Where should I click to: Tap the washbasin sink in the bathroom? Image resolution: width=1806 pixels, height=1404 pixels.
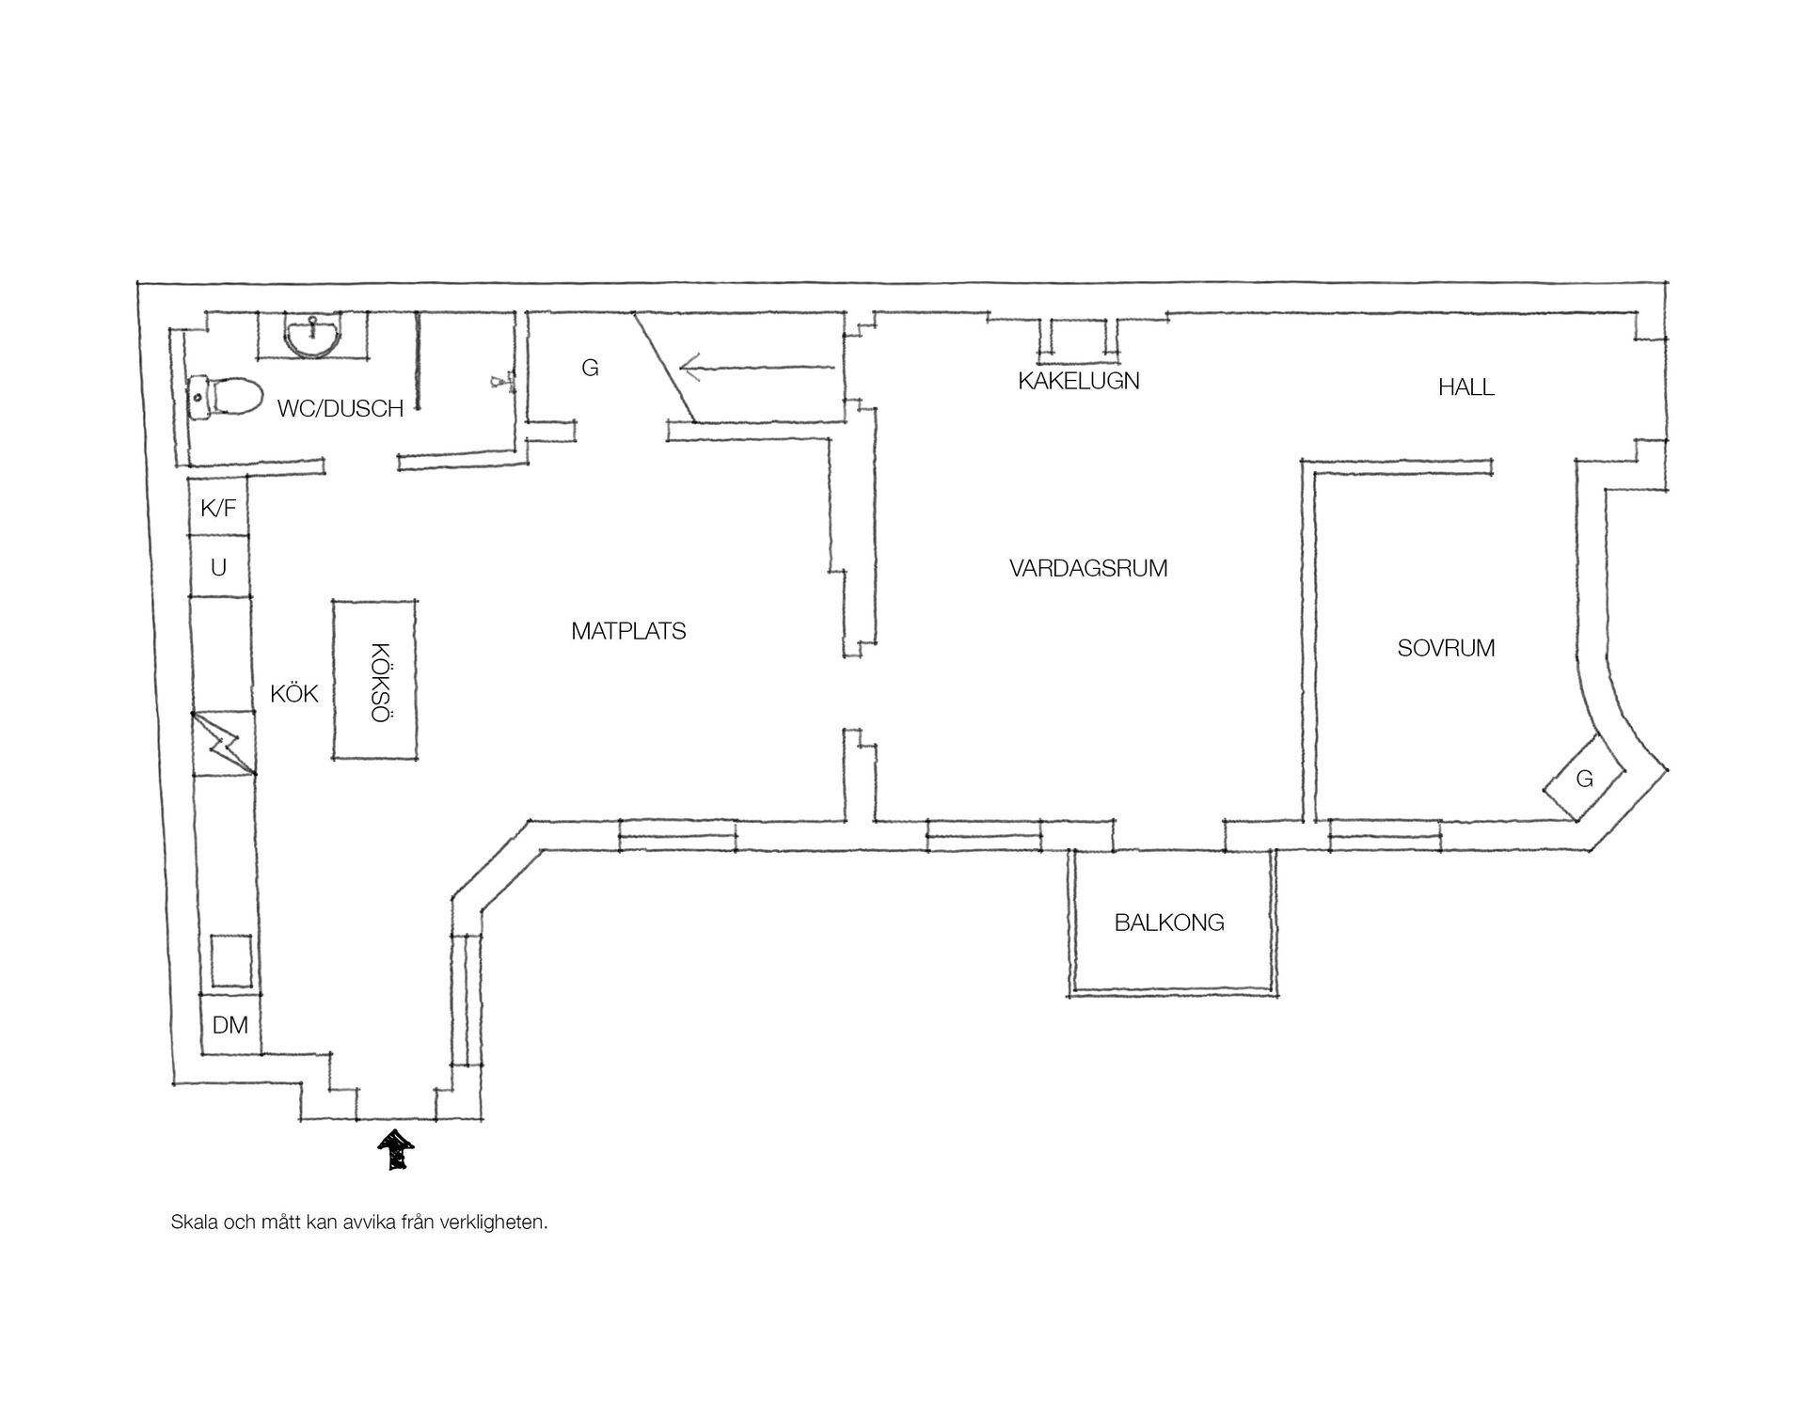[312, 336]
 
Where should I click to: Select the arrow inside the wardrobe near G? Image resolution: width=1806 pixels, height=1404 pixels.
[757, 368]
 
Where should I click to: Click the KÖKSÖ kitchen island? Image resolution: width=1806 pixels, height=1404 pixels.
[375, 679]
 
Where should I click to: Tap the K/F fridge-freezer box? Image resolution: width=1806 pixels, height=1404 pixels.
[218, 508]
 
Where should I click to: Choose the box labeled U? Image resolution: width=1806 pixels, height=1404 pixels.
[219, 566]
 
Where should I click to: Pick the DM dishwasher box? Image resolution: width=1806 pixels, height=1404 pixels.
[230, 1024]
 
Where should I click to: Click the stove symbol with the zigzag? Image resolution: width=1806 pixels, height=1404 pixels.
[223, 743]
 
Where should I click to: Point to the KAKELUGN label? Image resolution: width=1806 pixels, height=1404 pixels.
[1079, 381]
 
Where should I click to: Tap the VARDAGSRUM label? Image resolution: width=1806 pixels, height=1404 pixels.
[1088, 568]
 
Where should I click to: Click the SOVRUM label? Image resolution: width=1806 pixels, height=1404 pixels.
[1446, 648]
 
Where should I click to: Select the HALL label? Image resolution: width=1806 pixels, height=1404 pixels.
[1466, 386]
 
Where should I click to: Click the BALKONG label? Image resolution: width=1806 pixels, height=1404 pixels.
[1169, 923]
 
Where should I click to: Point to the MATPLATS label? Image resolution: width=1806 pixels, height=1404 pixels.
[628, 631]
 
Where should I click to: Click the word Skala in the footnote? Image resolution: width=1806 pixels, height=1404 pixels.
[193, 1223]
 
